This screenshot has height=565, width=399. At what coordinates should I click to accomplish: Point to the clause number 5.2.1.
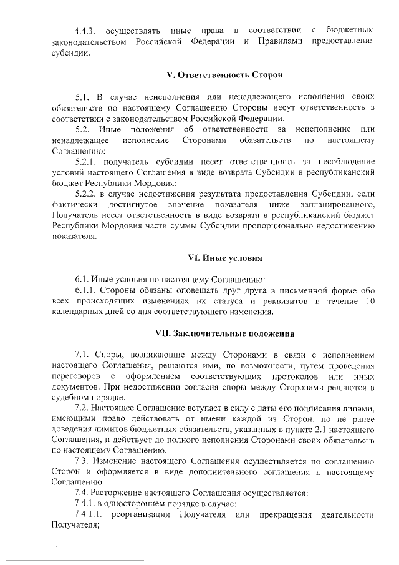point(87,161)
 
